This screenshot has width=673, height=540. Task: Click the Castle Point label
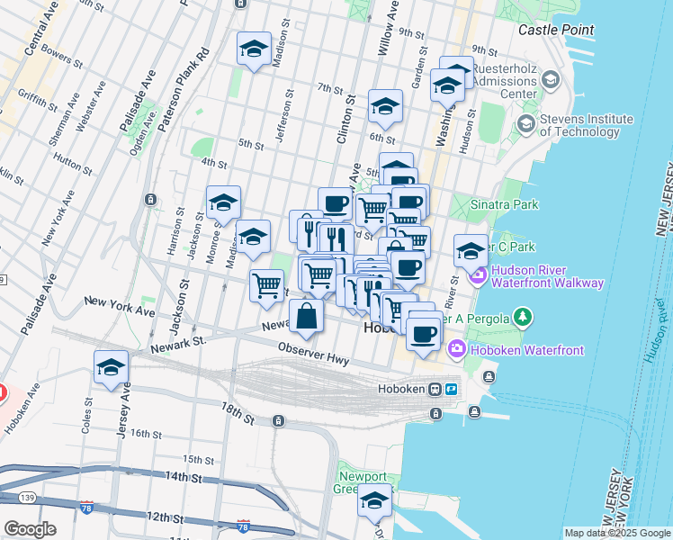[x=556, y=30]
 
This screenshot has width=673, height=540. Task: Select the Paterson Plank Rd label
[x=186, y=88]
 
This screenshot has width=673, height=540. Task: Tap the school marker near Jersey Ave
[x=111, y=367]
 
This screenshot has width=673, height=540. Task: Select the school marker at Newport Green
[x=375, y=500]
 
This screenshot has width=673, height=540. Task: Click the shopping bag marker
[x=306, y=316]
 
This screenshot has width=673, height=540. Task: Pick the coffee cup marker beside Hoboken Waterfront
[x=422, y=334]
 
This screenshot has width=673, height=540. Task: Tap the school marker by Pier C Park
[x=471, y=250]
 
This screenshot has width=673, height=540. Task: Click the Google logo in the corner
[x=30, y=529]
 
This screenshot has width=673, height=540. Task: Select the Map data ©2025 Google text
[x=617, y=533]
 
